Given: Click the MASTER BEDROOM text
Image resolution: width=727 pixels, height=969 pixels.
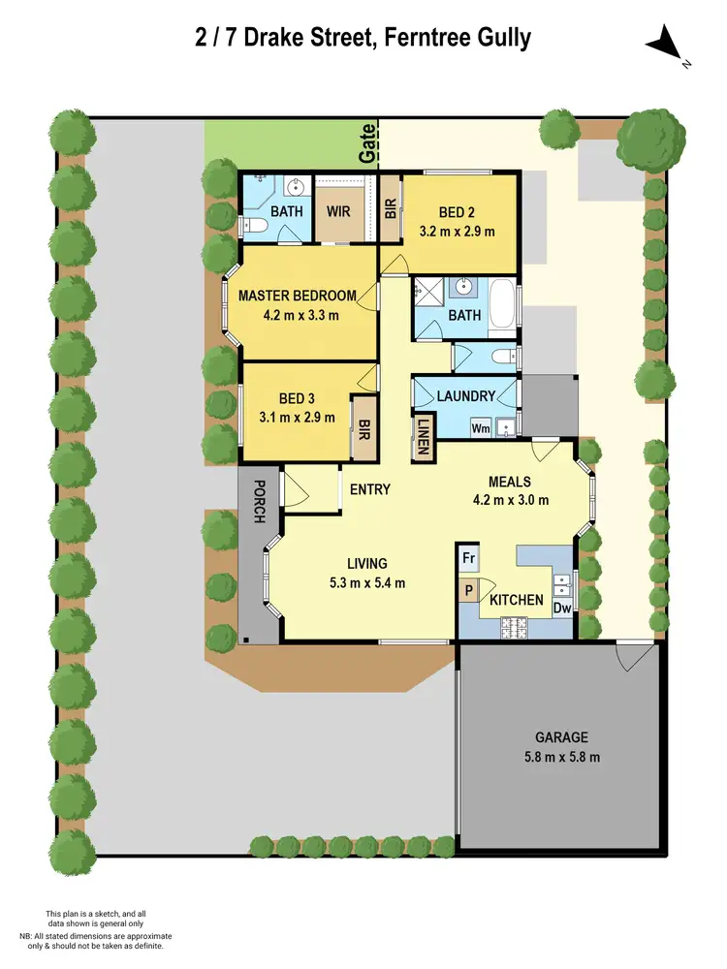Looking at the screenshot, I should (298, 296).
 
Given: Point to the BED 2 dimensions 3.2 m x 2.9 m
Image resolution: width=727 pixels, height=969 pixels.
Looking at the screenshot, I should (458, 232).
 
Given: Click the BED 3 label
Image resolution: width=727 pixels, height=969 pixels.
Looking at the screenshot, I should (297, 397).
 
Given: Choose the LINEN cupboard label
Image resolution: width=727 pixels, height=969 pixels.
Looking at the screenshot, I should (423, 436).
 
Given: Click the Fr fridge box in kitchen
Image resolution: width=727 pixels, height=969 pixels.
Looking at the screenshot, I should (468, 558).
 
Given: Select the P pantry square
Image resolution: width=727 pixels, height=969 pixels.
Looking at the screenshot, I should (468, 589).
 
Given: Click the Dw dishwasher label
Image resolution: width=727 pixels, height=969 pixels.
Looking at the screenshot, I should (562, 608).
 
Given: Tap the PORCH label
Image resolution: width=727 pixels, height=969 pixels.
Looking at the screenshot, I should (259, 501).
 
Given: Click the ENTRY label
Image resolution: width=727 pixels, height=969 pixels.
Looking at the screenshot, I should (370, 489).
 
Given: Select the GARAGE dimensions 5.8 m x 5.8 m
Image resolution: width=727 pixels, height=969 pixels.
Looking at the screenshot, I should (558, 756).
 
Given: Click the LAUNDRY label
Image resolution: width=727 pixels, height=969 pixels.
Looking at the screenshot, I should (466, 395).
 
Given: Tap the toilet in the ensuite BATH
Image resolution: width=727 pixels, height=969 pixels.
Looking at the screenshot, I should (254, 226).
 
